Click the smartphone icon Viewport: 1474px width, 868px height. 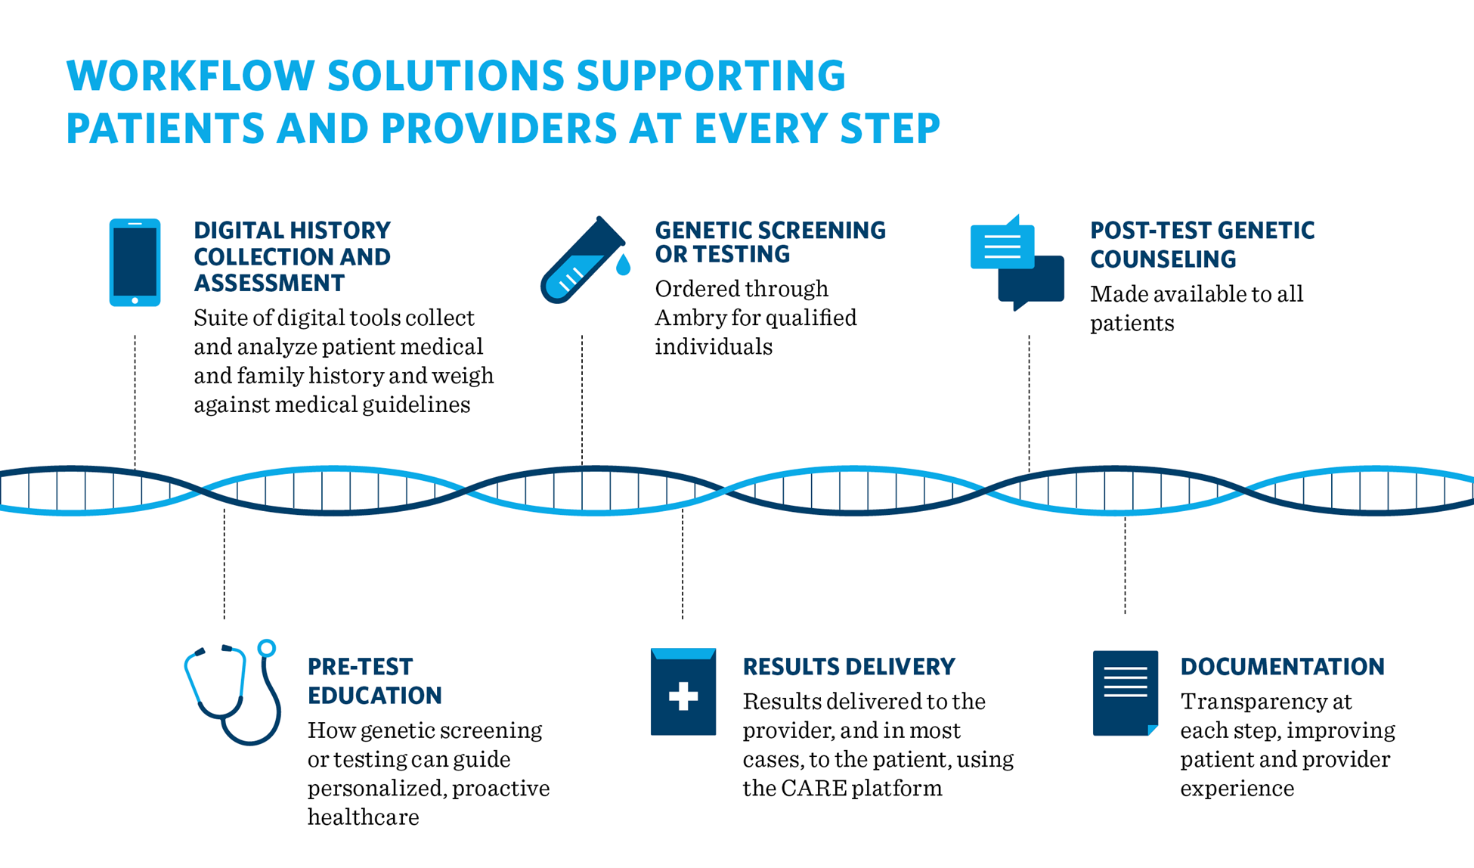coord(135,262)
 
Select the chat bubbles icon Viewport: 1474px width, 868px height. coord(1017,262)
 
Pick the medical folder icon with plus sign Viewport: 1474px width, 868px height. coord(683,692)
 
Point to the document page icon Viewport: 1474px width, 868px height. coord(1126,693)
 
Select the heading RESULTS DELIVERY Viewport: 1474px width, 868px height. coord(849,667)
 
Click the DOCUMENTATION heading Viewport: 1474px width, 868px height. coord(1282,667)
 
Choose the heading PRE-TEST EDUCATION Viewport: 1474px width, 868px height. coord(375,681)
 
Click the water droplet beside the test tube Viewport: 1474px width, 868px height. coord(623,264)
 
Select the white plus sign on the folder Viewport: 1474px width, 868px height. coord(683,696)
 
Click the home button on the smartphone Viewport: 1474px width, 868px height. coord(135,300)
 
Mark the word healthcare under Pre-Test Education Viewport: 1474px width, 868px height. coord(363,817)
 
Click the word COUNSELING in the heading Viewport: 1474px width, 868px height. coord(1163,259)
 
